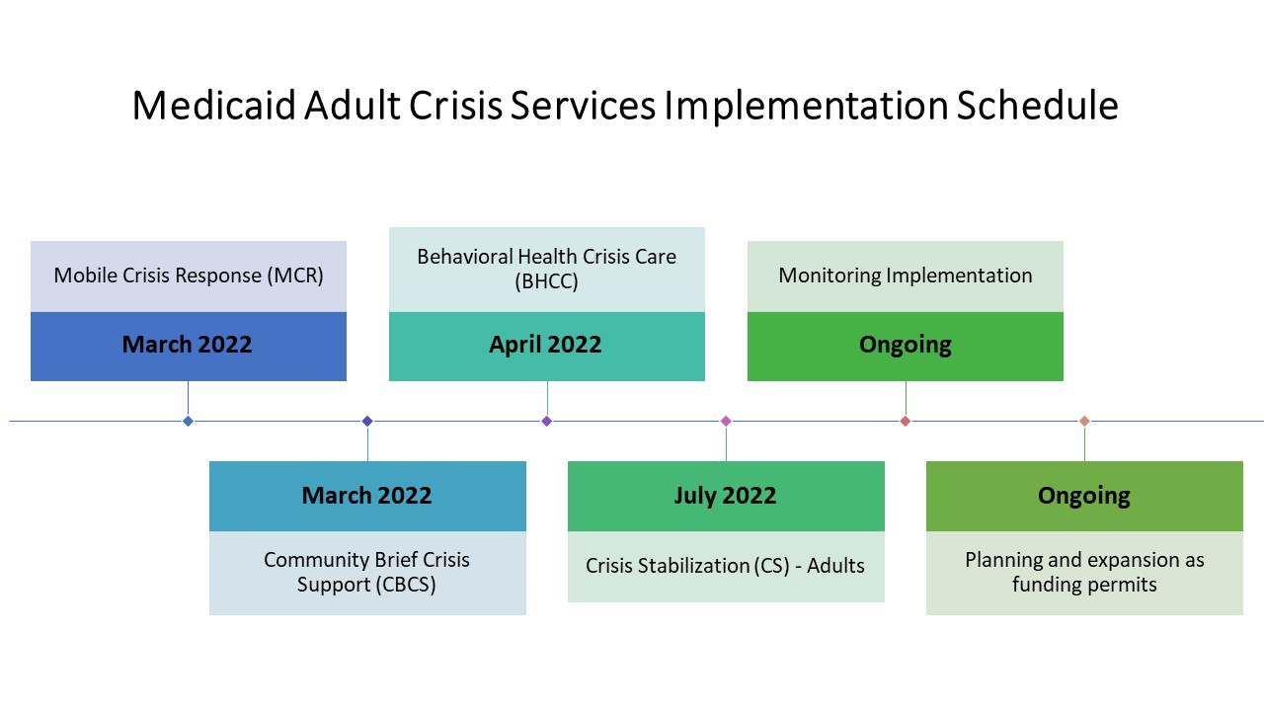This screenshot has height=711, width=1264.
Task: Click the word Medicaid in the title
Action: click(214, 106)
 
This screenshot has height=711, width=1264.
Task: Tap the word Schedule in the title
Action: click(1037, 106)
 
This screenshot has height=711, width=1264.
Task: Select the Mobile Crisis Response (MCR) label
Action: click(189, 276)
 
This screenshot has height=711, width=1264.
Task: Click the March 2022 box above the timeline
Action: click(189, 347)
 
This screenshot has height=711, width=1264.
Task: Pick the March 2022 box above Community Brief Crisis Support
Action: click(367, 496)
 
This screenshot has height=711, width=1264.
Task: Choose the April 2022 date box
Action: click(547, 347)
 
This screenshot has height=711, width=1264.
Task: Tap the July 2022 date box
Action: click(726, 496)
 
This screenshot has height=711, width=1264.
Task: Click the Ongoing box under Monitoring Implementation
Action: click(906, 347)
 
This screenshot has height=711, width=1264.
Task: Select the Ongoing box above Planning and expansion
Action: click(1084, 496)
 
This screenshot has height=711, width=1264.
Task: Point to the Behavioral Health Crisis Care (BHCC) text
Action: click(547, 269)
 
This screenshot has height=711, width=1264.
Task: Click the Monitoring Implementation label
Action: click(906, 276)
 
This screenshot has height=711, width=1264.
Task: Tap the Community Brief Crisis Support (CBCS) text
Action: click(366, 572)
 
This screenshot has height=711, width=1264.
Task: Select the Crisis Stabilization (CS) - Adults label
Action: click(725, 566)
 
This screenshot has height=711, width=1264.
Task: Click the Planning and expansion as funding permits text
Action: click(1084, 572)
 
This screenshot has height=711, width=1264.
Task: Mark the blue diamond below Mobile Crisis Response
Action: click(189, 421)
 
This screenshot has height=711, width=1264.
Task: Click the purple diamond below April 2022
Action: click(547, 421)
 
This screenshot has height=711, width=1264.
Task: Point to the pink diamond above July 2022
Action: click(726, 421)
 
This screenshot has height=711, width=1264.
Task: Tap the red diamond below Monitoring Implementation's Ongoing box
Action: click(906, 421)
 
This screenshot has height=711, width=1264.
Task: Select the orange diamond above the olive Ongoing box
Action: click(1084, 421)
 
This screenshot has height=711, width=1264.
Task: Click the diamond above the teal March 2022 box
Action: click(367, 421)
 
